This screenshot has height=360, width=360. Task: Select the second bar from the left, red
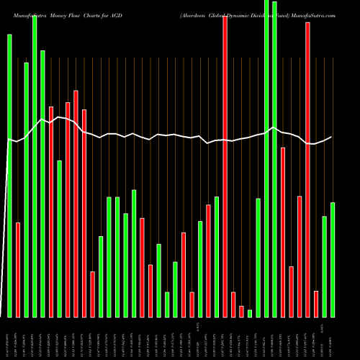pyautogui.click(x=18, y=270)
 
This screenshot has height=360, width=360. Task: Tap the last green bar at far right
pyautogui.click(x=333, y=259)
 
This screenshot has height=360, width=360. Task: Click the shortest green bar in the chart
pyautogui.click(x=250, y=313)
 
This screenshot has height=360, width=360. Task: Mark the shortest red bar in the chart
pyautogui.click(x=241, y=311)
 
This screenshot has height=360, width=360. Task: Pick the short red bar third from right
pyautogui.click(x=316, y=303)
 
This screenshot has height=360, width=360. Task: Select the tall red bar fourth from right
pyautogui.click(x=307, y=169)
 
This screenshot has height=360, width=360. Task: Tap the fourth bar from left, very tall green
pyautogui.click(x=35, y=166)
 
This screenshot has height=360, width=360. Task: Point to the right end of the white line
pyautogui.click(x=332, y=137)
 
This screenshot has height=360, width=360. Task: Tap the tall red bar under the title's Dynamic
pyautogui.click(x=225, y=166)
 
